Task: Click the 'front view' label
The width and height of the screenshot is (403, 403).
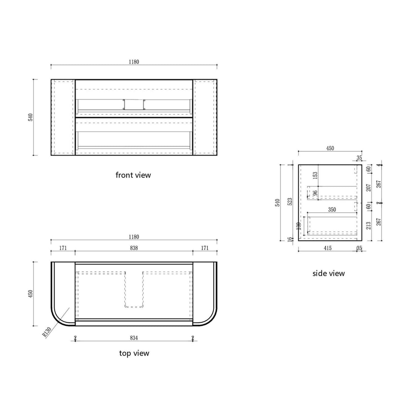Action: point(133,175)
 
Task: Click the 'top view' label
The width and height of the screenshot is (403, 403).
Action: point(134,353)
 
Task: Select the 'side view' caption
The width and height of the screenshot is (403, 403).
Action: point(328,274)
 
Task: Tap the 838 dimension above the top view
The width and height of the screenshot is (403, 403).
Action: point(134,248)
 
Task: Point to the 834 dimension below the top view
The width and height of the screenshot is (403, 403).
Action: point(134,338)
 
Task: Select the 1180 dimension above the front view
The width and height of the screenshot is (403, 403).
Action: point(134,62)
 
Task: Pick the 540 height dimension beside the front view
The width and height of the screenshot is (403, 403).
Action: point(31,117)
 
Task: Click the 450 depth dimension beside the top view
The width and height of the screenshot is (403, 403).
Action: point(31,294)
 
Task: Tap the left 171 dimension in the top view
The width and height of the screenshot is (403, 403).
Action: point(63,248)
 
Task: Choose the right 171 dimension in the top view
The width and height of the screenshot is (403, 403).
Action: point(205,248)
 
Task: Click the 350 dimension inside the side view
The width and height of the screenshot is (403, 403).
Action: point(332,210)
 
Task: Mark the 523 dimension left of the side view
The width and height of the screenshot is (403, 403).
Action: point(290,202)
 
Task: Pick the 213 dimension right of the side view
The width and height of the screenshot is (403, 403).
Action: point(369,225)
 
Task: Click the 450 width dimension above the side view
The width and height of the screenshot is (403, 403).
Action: point(330,148)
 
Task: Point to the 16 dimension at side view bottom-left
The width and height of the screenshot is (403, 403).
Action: point(290,239)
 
